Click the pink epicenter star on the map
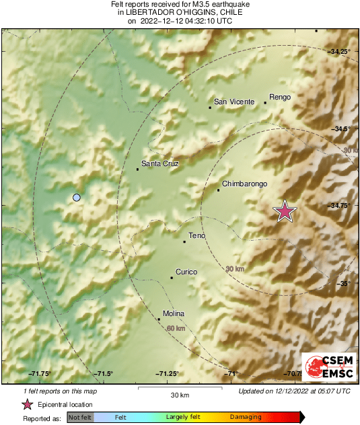285,211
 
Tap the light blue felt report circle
77,197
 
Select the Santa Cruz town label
159,163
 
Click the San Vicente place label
233,102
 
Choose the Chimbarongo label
245,184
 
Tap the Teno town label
196,235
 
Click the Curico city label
186,272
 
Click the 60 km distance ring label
176,328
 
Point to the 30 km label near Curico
234,269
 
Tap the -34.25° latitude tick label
340,51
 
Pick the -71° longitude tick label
232,374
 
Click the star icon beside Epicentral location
28,404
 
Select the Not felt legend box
80,417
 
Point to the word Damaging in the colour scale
246,417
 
